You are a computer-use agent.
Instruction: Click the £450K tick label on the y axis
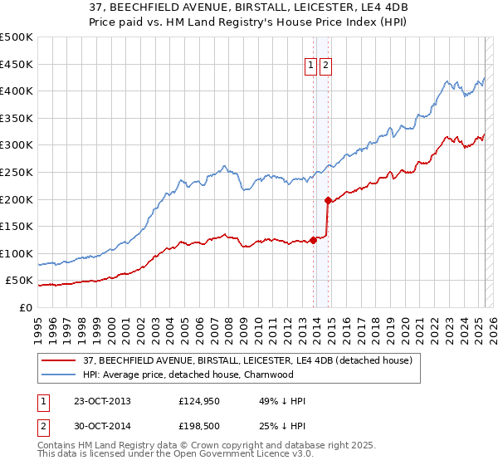click(17, 64)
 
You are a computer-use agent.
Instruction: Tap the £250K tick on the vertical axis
click(17, 172)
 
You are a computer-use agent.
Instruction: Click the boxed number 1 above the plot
click(310, 65)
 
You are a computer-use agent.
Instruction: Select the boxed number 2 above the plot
click(325, 65)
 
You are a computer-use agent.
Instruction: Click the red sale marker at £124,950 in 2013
click(313, 240)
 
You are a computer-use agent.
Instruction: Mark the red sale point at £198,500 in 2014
click(328, 200)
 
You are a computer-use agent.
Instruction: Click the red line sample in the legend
click(60, 360)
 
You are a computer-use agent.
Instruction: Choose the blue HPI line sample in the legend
click(60, 374)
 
